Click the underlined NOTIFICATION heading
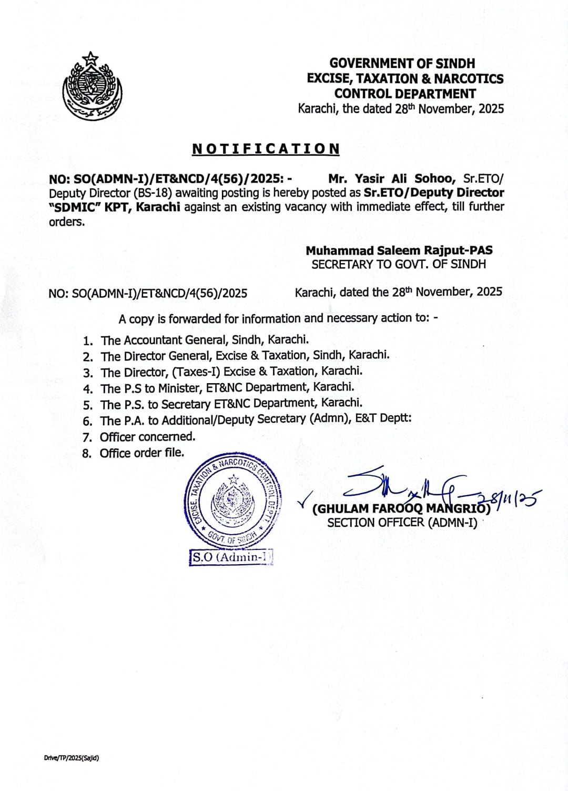(x=266, y=149)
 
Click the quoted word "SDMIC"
(x=74, y=206)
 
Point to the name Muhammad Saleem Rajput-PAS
(x=399, y=251)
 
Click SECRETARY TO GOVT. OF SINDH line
(x=399, y=264)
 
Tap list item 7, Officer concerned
(x=147, y=436)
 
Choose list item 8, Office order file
(x=142, y=453)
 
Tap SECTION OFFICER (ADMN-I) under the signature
(x=402, y=523)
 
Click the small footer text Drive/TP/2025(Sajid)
(x=72, y=758)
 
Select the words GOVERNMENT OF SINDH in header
(x=402, y=63)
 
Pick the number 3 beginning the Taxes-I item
(x=88, y=373)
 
